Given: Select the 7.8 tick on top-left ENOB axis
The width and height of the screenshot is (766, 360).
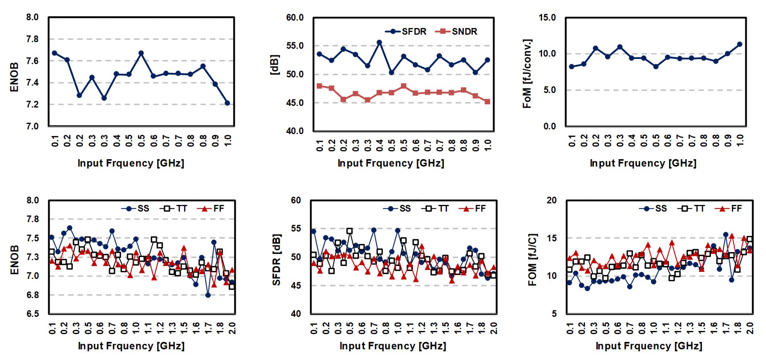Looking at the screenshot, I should click(32, 39).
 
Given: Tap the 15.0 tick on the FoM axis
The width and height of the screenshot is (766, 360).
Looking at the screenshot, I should click(547, 17).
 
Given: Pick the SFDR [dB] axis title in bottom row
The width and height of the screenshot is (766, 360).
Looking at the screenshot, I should click(276, 259).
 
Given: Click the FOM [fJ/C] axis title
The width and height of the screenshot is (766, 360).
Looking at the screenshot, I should click(533, 259).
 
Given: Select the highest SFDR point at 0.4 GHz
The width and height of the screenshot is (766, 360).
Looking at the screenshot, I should click(379, 43).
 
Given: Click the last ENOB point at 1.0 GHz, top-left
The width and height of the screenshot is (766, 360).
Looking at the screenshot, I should click(227, 103).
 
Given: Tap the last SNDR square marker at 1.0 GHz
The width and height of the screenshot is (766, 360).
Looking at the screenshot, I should click(487, 102).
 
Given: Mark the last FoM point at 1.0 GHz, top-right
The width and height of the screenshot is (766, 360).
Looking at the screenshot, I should click(740, 44).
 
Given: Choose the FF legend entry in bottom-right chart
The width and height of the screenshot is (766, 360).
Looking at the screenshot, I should click(728, 208).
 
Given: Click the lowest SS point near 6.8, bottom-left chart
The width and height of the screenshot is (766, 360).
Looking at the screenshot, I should click(208, 295).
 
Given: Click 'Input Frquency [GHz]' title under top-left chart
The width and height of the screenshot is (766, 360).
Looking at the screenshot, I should click(131, 163).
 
